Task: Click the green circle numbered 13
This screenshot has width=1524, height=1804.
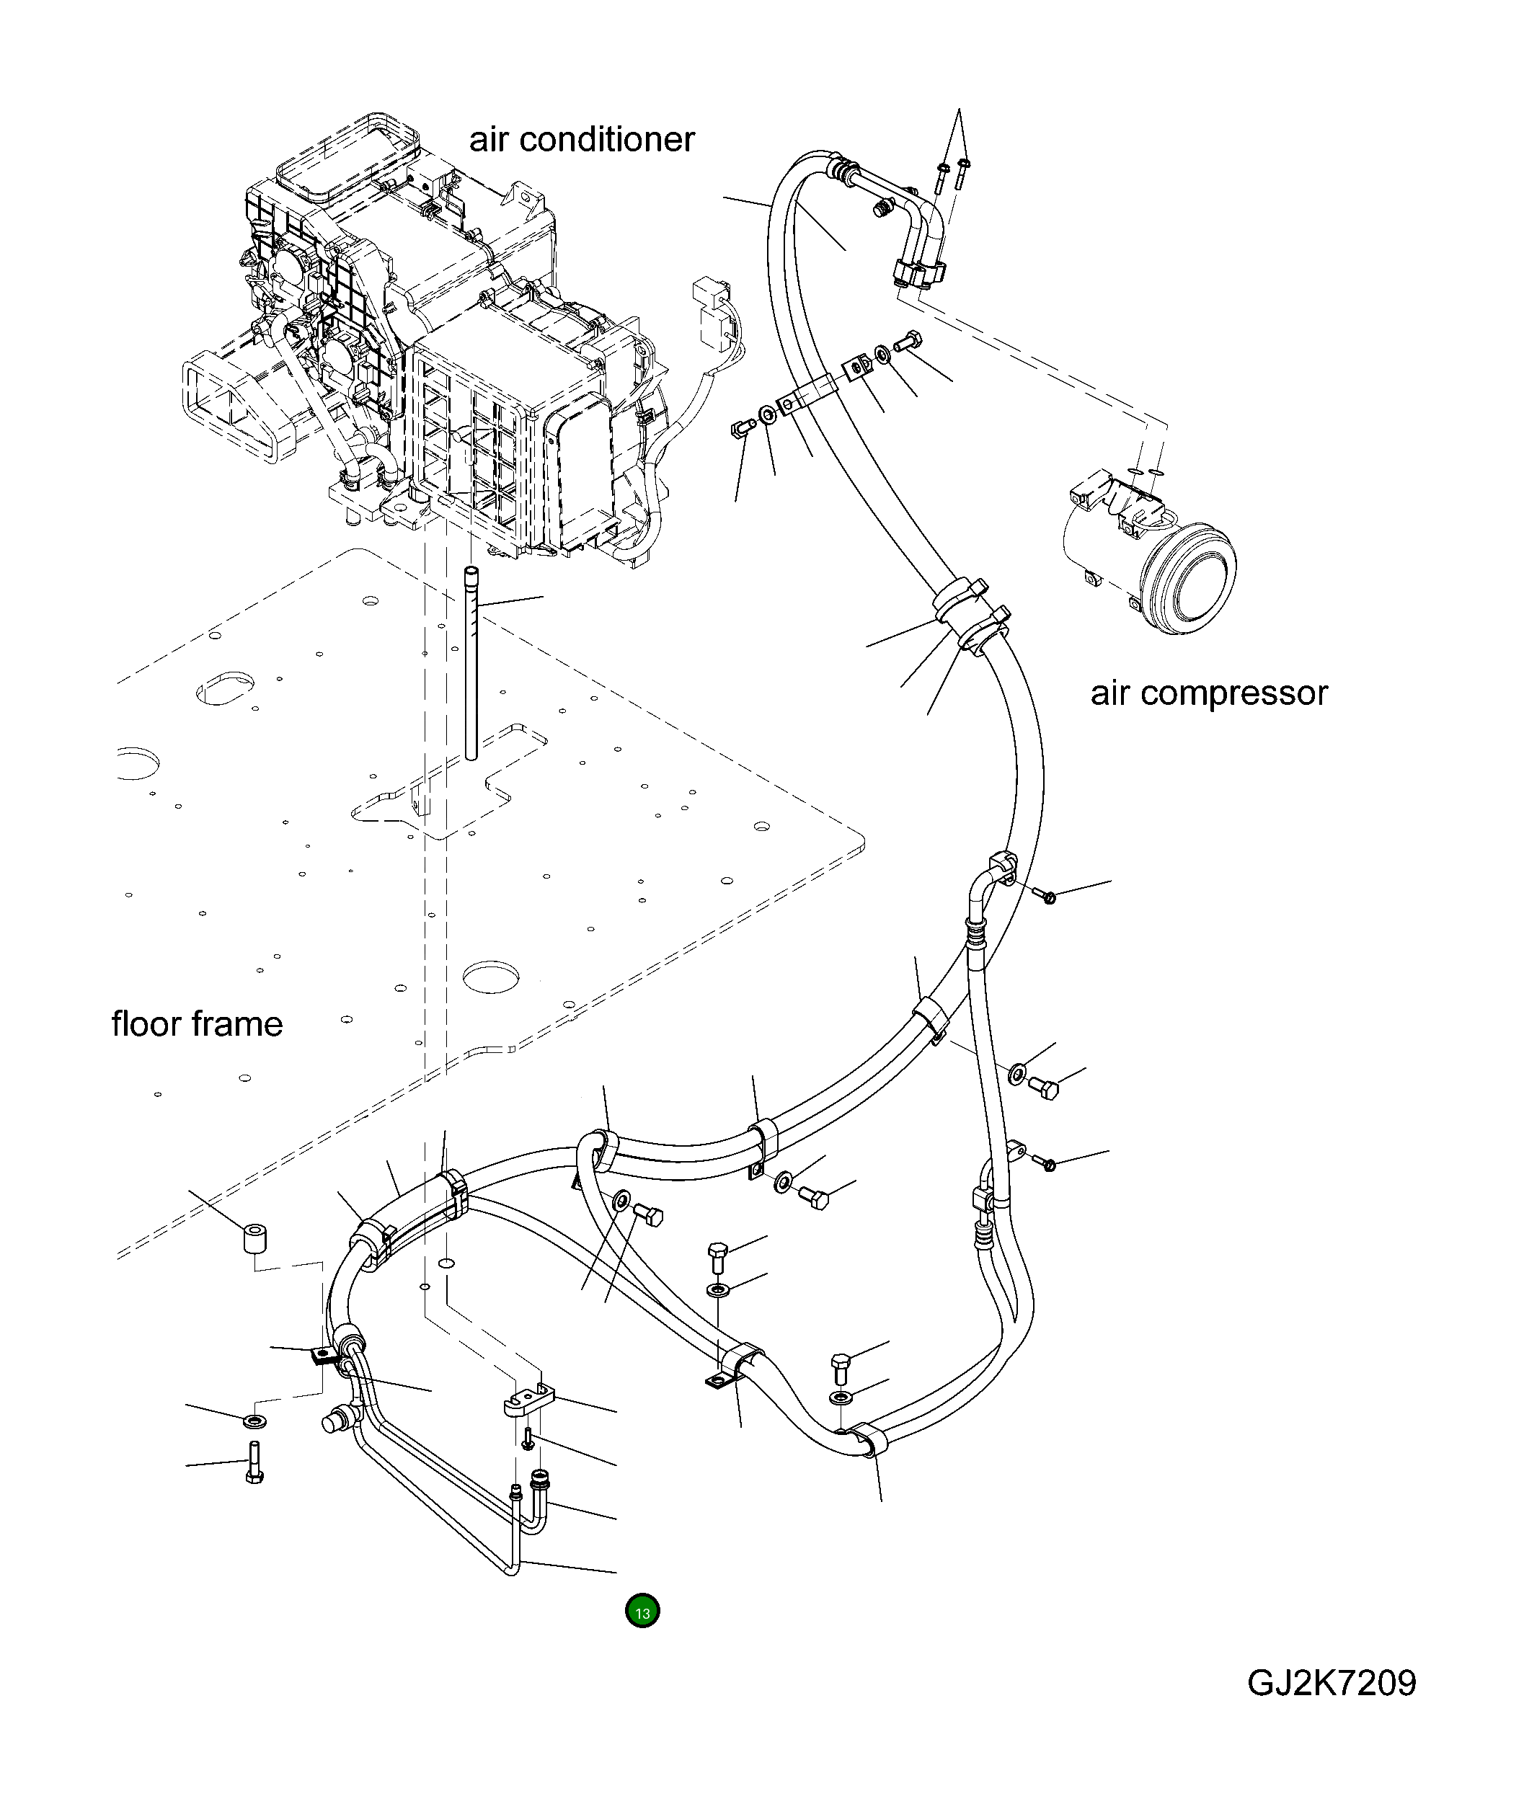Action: [642, 1612]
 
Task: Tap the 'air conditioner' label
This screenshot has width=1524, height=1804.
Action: [582, 140]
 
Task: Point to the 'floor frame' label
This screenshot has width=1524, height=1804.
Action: [197, 1024]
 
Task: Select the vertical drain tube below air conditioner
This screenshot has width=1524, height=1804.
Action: [471, 663]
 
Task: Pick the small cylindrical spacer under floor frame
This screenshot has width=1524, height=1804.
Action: [252, 1241]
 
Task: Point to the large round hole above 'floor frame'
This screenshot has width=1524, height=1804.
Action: [492, 977]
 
